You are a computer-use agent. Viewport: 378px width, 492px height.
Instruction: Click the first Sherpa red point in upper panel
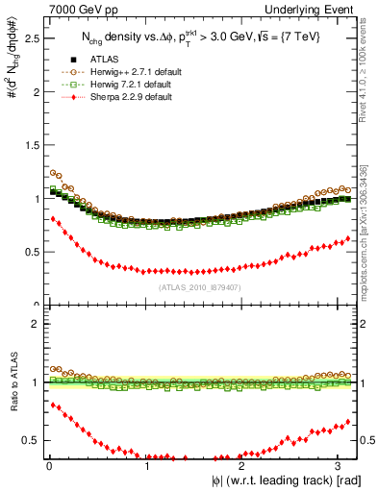tap(53, 218)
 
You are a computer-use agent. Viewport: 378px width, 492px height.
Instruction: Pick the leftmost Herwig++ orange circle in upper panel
tap(53, 172)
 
